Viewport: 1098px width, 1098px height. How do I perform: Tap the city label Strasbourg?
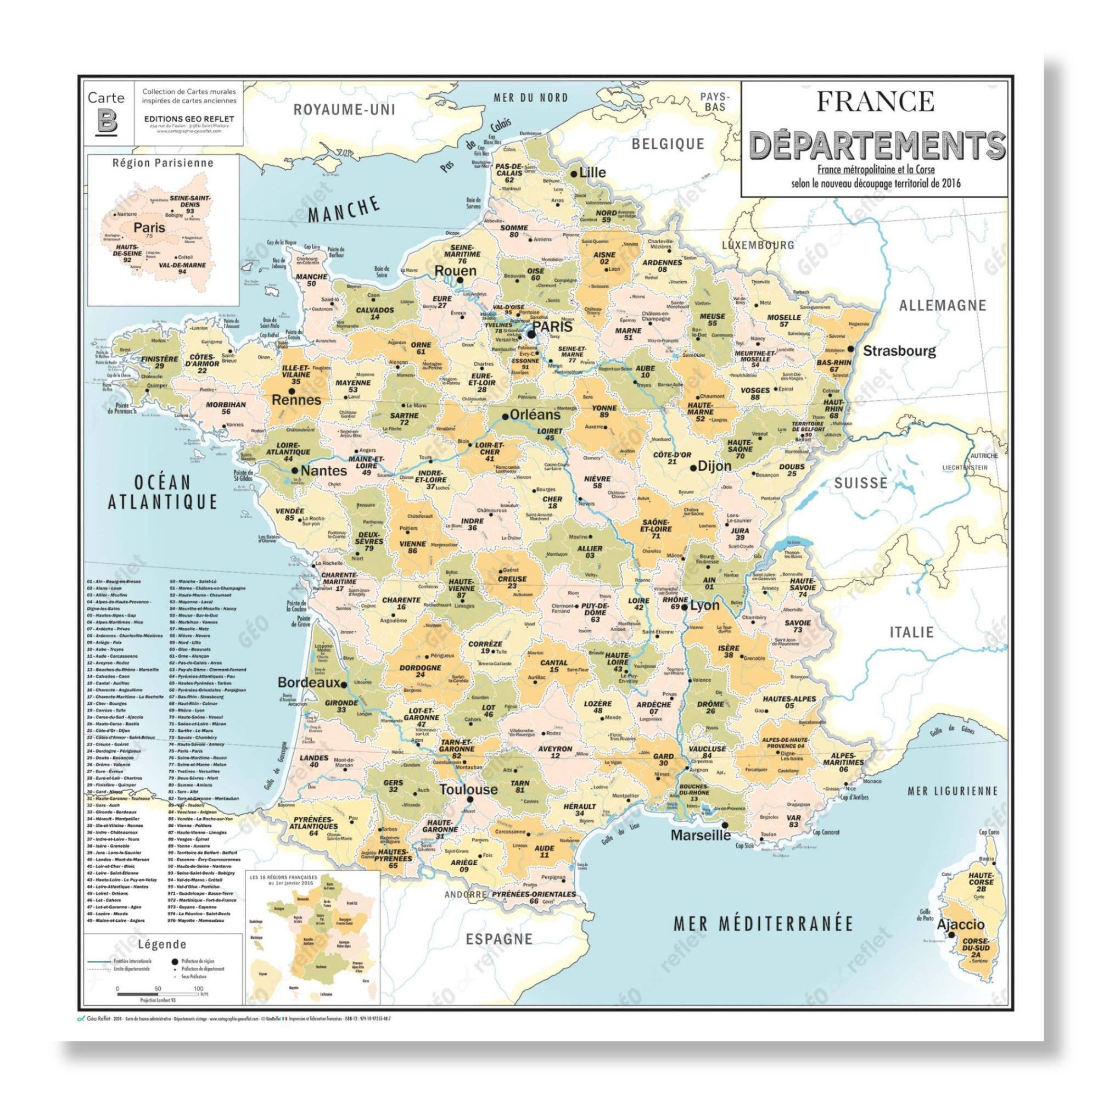tap(899, 351)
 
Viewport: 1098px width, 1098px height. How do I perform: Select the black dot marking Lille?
tap(574, 173)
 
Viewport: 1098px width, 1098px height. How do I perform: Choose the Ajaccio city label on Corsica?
tap(960, 925)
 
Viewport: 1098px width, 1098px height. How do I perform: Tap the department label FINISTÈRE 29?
tap(160, 362)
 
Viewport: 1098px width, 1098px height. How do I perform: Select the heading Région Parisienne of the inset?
tap(163, 163)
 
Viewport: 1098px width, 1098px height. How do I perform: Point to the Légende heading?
tap(162, 944)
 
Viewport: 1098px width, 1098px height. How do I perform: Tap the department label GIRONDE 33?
tap(341, 706)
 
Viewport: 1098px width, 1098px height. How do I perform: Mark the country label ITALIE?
tap(911, 632)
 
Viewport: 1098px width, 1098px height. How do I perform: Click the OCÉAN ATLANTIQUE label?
tap(163, 492)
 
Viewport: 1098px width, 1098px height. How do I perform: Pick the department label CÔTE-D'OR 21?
tap(673, 458)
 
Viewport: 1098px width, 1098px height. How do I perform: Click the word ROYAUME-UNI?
tap(344, 110)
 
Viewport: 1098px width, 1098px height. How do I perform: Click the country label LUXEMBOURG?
tap(758, 245)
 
